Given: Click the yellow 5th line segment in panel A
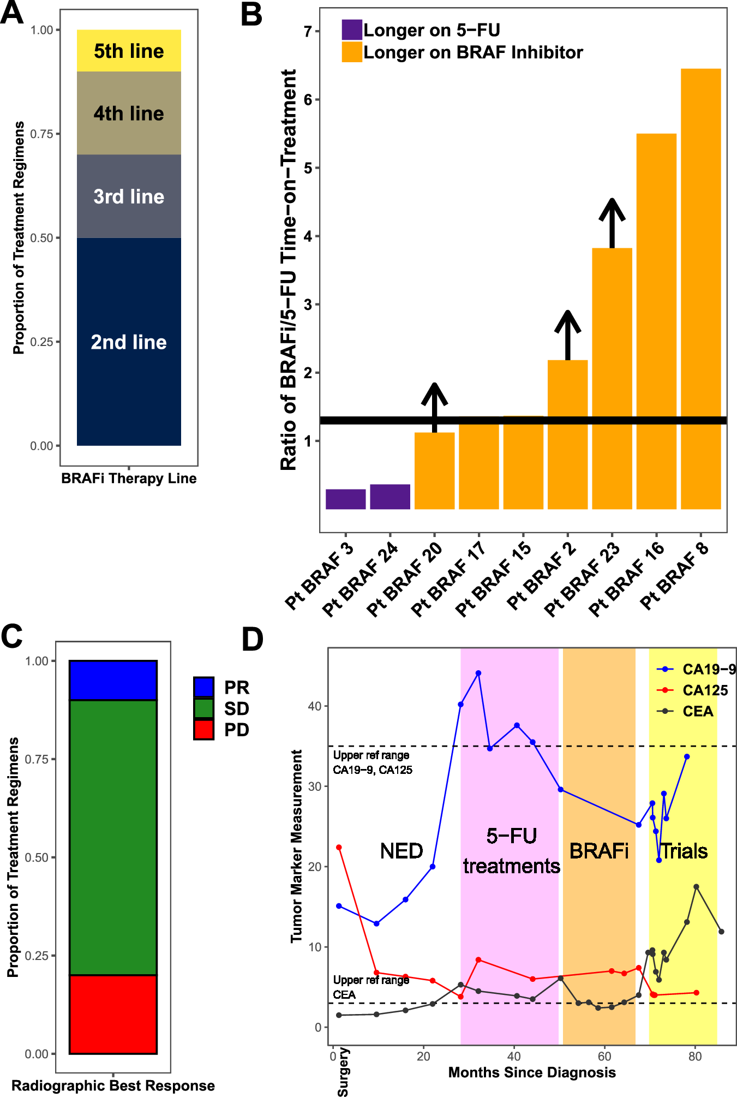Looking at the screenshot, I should pyautogui.click(x=129, y=51).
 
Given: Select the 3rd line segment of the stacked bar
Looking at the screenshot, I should pyautogui.click(x=129, y=196).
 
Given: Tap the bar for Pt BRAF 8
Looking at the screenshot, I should pyautogui.click(x=700, y=289).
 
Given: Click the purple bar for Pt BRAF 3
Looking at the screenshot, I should pyautogui.click(x=345, y=499).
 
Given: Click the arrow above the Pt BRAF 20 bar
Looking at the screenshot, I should pyautogui.click(x=434, y=407).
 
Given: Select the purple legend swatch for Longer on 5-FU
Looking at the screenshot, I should pyautogui.click(x=352, y=29).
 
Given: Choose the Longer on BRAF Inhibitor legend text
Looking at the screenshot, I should pyautogui.click(x=473, y=52).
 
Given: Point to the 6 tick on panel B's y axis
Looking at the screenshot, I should pyautogui.click(x=308, y=100).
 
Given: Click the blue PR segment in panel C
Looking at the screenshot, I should pyautogui.click(x=113, y=680).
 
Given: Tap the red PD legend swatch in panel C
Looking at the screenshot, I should pyautogui.click(x=203, y=730).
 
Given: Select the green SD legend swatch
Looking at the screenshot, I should pyautogui.click(x=203, y=708).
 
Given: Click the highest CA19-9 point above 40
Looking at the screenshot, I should pyautogui.click(x=478, y=673).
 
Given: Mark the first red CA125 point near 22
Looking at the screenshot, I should pyautogui.click(x=339, y=848).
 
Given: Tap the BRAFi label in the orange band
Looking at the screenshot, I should pyautogui.click(x=598, y=851).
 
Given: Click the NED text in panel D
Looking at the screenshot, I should pyautogui.click(x=402, y=851).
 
